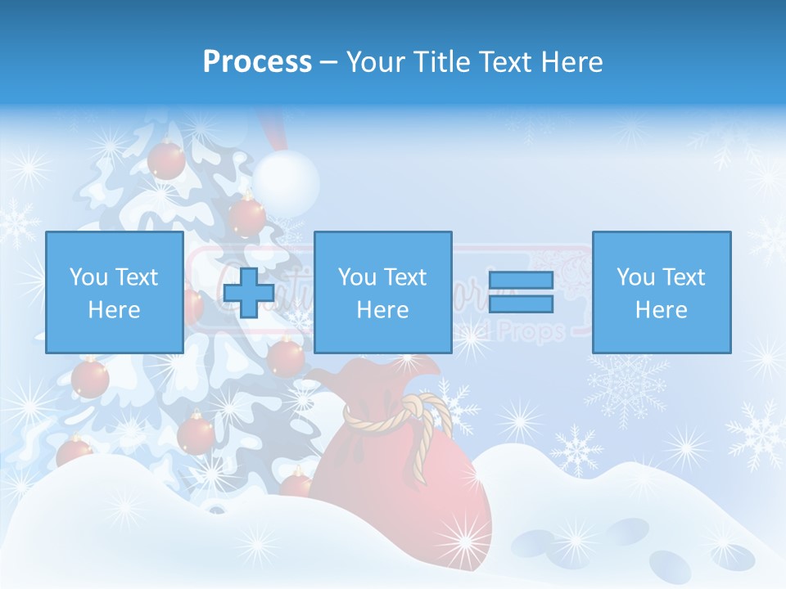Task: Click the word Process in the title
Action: pos(257,61)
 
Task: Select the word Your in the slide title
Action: pos(375,61)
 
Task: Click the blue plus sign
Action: pos(249,292)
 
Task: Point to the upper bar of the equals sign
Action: pos(521,280)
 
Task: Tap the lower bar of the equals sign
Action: pos(521,304)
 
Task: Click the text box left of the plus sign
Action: pos(114,292)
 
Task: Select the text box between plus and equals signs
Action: pos(382,292)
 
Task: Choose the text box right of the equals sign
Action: pos(661,292)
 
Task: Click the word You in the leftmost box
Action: pos(88,277)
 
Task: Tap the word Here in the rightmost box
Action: pos(661,310)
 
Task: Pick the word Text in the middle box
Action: pos(405,277)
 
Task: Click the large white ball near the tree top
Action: pos(285,178)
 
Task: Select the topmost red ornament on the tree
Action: pos(166,159)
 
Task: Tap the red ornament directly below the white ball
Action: pos(246,217)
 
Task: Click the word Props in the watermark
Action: pos(537,331)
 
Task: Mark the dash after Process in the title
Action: pos(328,61)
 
